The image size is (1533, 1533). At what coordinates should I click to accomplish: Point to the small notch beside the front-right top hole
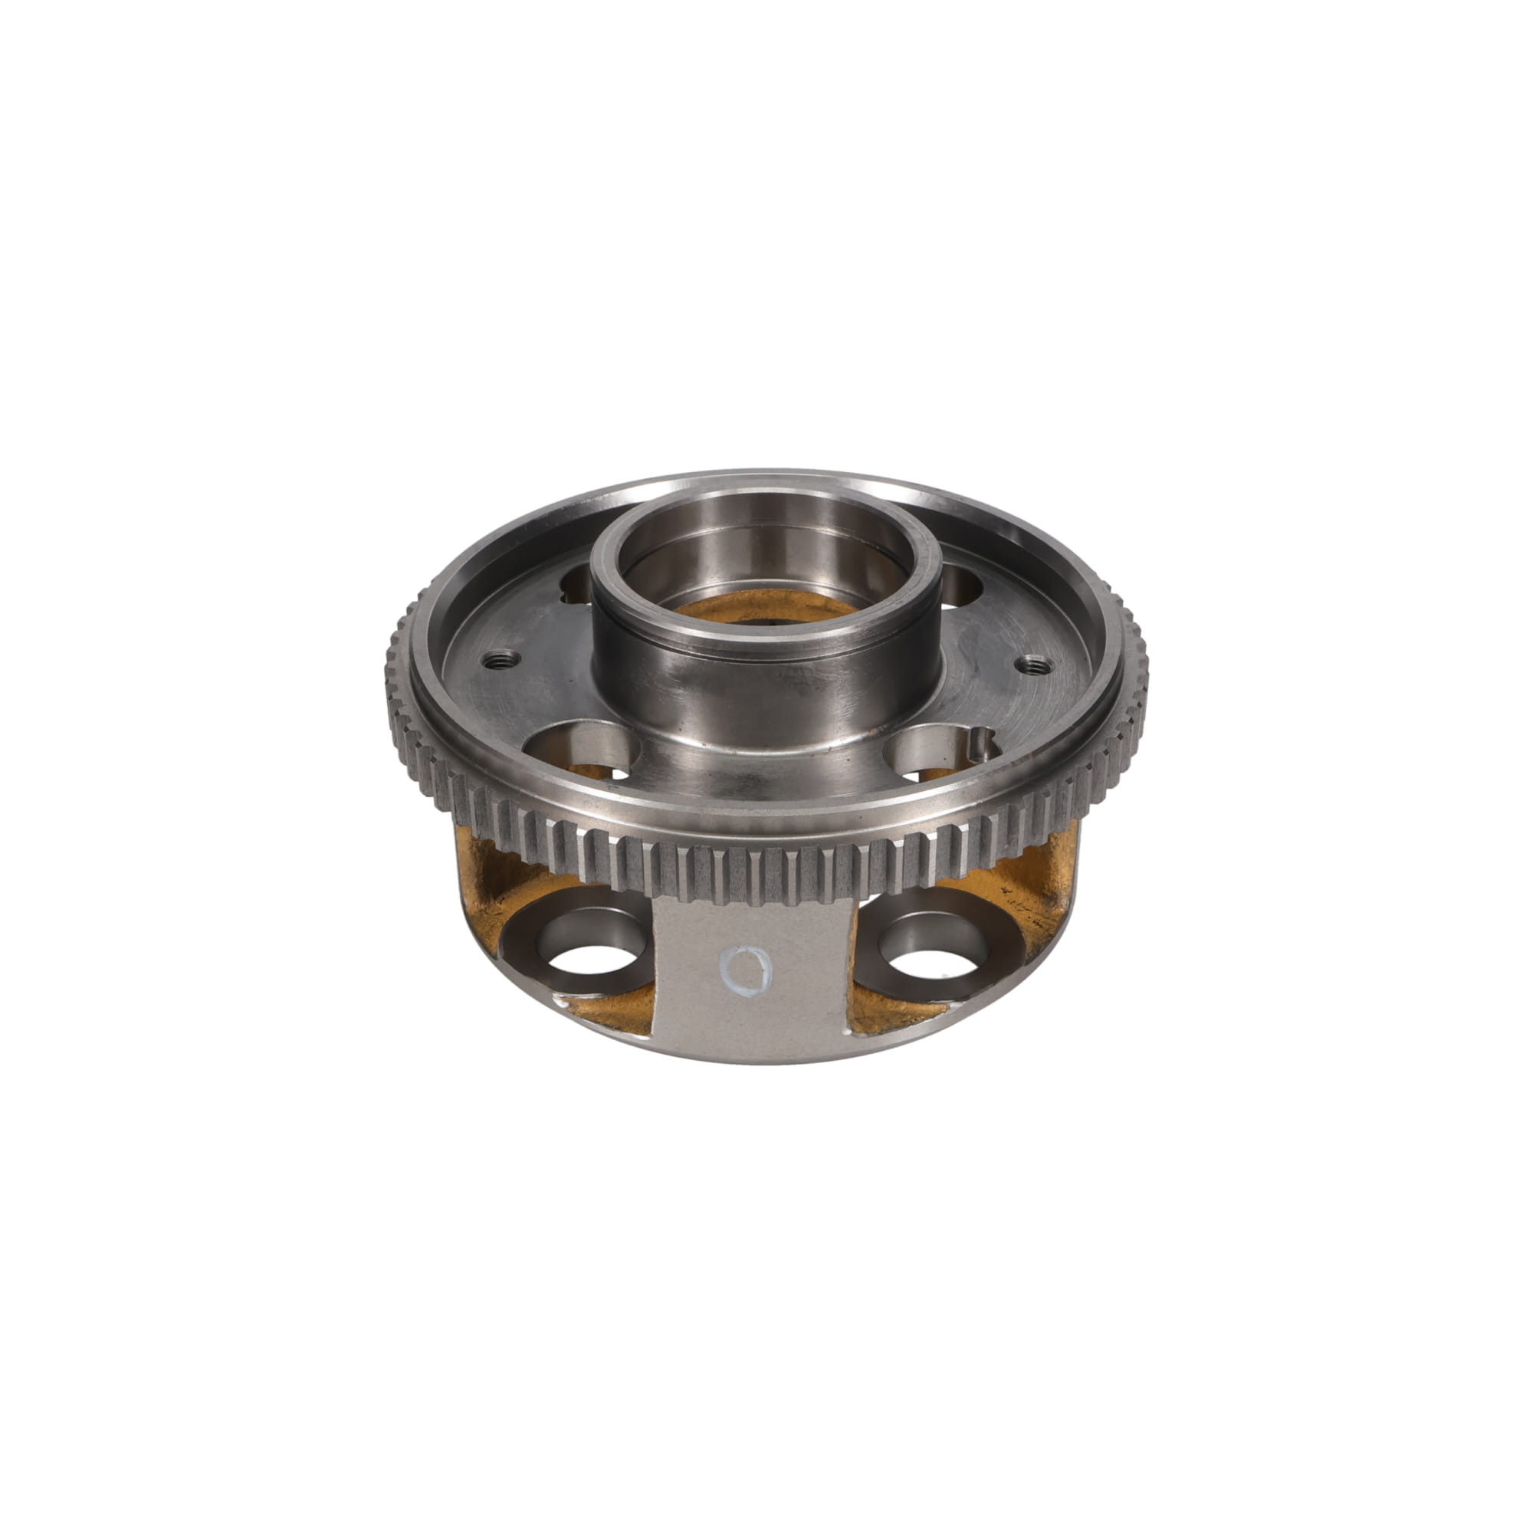pos(983,744)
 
